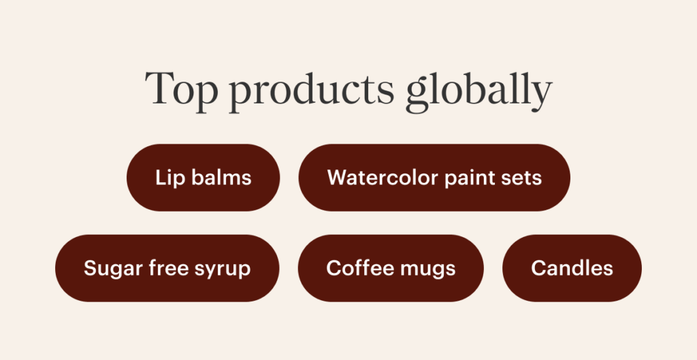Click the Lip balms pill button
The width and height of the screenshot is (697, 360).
pyautogui.click(x=203, y=178)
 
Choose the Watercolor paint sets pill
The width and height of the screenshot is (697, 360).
pyautogui.click(x=434, y=178)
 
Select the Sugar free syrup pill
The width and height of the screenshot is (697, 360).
pyautogui.click(x=167, y=268)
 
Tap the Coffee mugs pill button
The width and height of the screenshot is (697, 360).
pyautogui.click(x=391, y=268)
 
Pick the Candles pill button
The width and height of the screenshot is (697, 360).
pyautogui.click(x=572, y=268)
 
